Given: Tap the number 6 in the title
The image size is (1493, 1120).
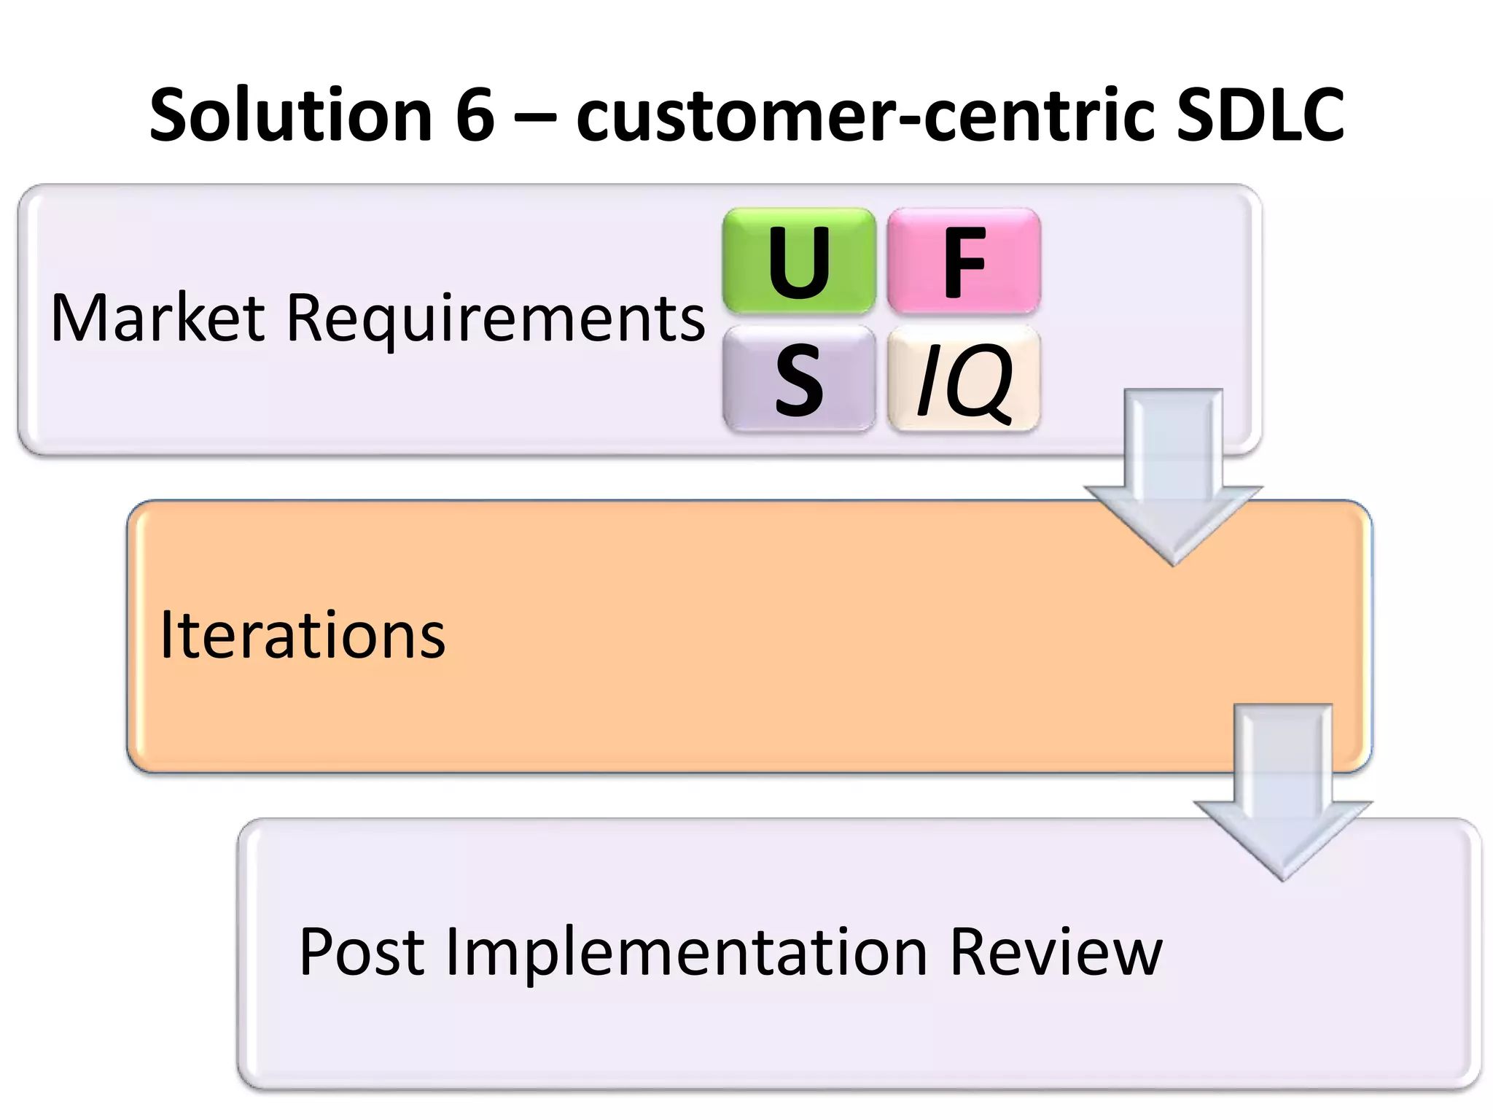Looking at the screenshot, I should pos(475,115).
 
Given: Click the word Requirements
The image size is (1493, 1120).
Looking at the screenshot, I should pos(496,319).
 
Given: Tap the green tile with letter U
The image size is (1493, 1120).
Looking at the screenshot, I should pos(799,262).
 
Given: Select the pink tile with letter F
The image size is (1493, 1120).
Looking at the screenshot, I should pos(964,262).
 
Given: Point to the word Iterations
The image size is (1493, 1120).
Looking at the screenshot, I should pos(302,636).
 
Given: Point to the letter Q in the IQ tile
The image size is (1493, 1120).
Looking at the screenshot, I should pos(981,381).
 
